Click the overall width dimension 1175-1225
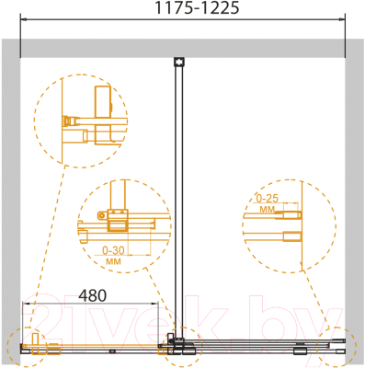point(198,7)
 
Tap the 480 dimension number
point(93,295)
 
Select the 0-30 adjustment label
point(113,250)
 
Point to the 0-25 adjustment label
point(268,199)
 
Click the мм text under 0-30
point(113,261)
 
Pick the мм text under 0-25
point(268,210)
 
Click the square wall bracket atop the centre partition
point(178,62)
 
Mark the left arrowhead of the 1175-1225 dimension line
point(24,19)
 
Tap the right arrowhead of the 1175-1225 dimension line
point(342,19)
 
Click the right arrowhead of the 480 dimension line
point(155,304)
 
